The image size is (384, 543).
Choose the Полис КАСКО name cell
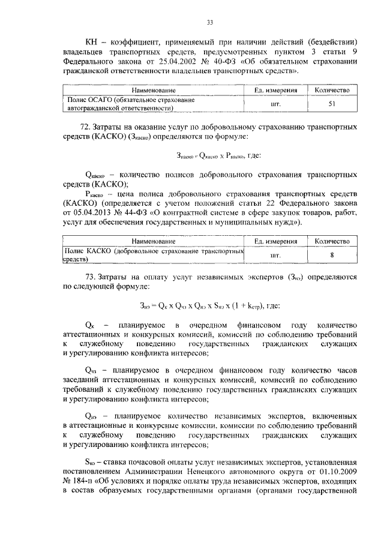(x=154, y=255)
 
